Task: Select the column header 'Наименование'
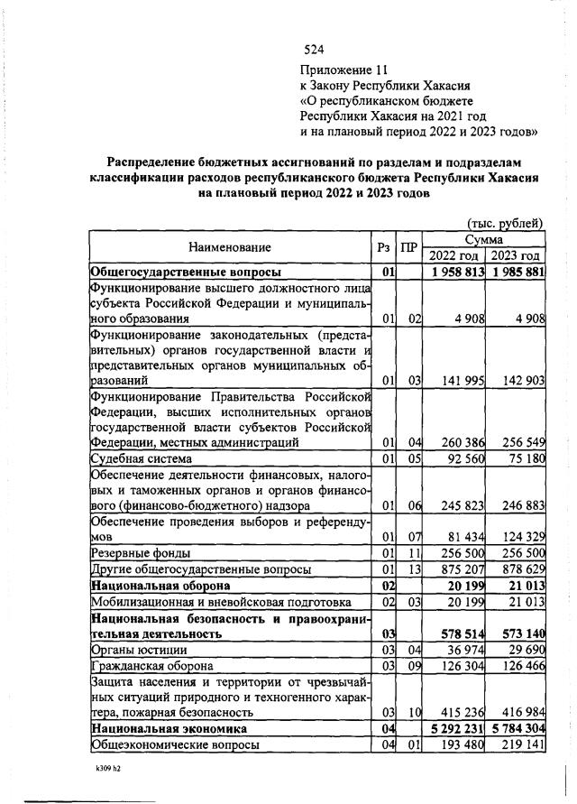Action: click(x=230, y=246)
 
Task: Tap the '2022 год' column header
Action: click(x=453, y=255)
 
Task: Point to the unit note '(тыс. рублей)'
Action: click(x=505, y=223)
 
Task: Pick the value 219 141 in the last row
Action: click(x=519, y=745)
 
